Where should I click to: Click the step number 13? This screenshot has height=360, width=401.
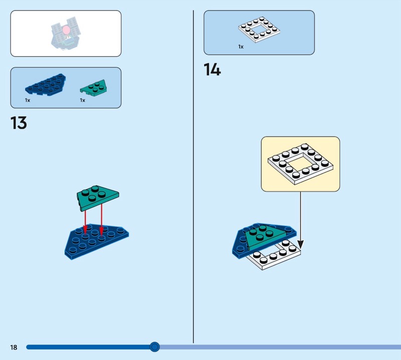pos(19,123)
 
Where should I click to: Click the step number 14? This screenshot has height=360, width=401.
pos(212,70)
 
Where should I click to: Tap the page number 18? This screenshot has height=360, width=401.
pos(14,347)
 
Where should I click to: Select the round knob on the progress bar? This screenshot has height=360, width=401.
pos(154,347)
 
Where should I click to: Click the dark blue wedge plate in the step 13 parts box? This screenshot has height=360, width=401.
pos(45,85)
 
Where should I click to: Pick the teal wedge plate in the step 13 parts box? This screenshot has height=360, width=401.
pos(93,88)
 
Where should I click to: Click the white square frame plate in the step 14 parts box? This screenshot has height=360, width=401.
pos(259,30)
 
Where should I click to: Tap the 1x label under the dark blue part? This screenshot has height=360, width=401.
pos(28,100)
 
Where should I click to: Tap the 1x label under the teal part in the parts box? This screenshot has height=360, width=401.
pos(82,100)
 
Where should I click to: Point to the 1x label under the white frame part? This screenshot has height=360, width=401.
pos(241,47)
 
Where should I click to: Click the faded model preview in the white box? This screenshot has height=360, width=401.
pos(66,34)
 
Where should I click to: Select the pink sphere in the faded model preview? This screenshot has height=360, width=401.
pos(67,30)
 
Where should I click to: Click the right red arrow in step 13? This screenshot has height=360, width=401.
pos(102,219)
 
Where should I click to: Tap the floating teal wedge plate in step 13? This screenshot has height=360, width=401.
pos(97,198)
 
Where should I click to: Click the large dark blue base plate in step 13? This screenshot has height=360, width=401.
pos(97,242)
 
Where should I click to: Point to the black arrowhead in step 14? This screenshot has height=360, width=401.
pos(301,245)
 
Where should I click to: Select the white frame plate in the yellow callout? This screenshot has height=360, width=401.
pos(300,164)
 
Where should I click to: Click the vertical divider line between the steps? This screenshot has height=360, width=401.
pos(193,176)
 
